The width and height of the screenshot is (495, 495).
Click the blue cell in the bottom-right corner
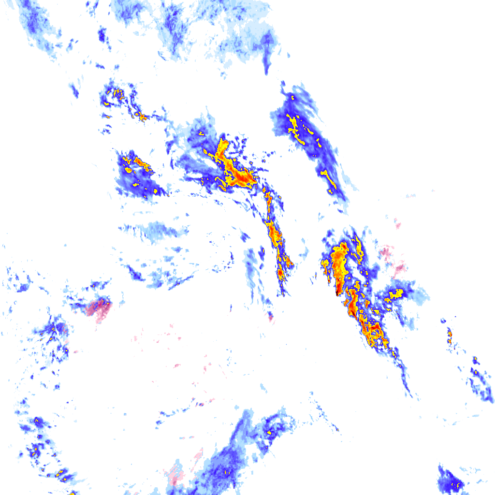click(450, 481)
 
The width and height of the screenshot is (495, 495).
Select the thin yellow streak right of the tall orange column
click(359, 247)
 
